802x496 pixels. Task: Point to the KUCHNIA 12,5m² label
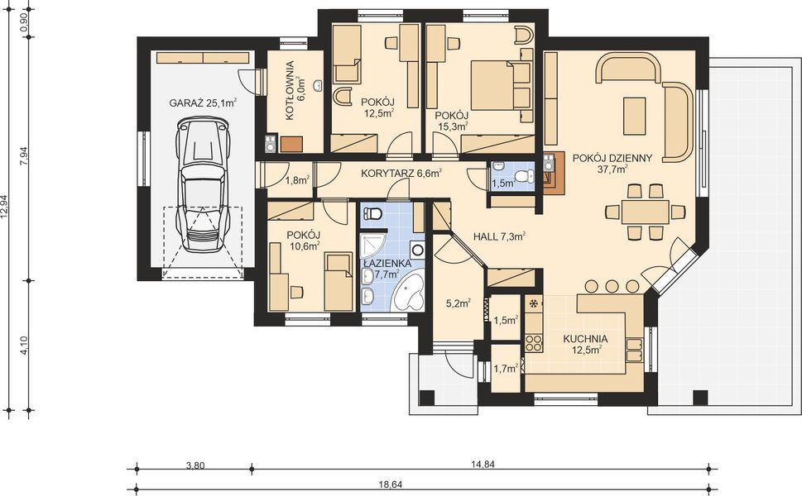585,344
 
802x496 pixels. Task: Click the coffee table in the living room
635,115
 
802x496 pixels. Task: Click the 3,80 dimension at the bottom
194,465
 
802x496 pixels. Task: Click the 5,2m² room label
458,303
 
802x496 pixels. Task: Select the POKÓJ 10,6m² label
303,241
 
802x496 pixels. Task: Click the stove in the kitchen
535,341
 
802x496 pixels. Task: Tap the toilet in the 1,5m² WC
529,175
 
